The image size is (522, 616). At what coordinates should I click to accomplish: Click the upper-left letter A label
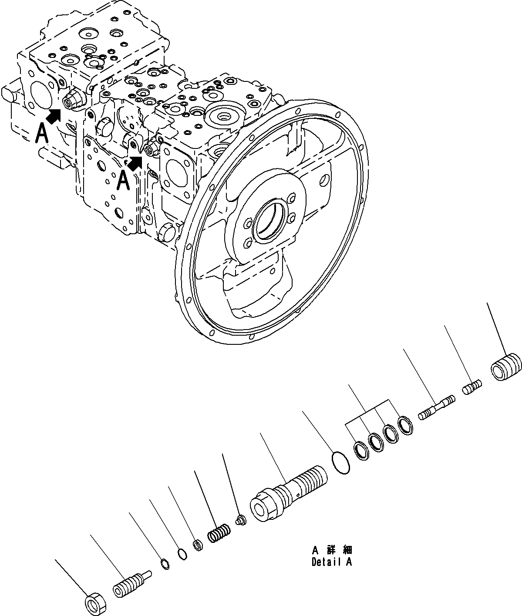coord(42,133)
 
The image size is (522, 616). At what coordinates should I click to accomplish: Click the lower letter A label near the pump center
coord(124,180)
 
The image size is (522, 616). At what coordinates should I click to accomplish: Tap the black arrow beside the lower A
coord(135,163)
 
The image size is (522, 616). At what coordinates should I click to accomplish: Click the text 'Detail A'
coord(332,562)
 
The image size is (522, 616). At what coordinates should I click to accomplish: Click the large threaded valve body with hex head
coord(287,492)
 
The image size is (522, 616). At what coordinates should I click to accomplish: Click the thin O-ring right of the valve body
coord(340,463)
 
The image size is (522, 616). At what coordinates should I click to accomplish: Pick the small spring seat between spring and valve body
coord(239,519)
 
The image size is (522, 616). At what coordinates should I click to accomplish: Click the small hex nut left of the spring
coord(197,545)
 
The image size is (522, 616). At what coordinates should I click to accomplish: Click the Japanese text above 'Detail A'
coord(332,551)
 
